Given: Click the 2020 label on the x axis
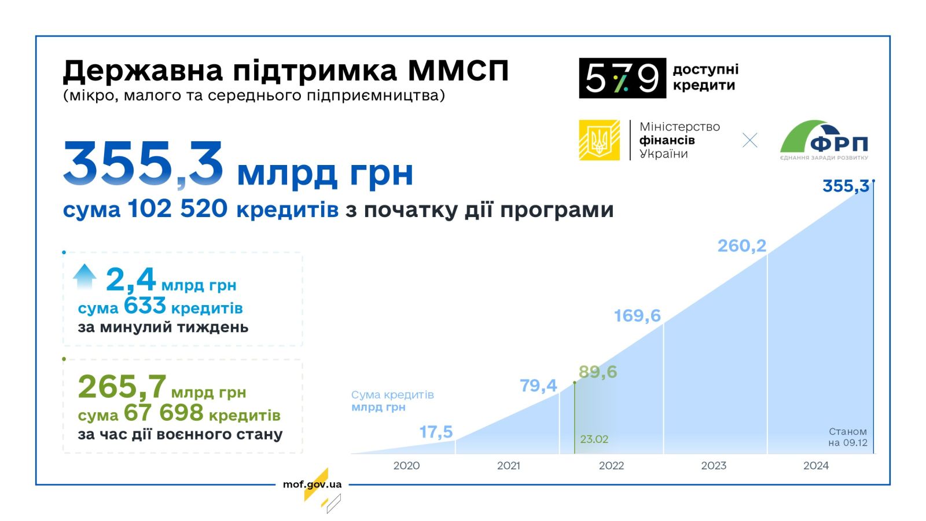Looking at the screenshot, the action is click(406, 465).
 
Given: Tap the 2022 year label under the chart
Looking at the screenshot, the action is click(611, 465).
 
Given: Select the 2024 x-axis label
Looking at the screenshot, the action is click(815, 465).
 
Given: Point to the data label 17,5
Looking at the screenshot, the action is click(436, 432).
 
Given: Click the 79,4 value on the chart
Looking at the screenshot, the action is click(538, 386).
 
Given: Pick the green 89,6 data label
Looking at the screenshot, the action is click(598, 372).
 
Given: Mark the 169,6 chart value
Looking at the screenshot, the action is click(637, 316).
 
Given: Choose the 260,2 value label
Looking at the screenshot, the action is click(741, 246).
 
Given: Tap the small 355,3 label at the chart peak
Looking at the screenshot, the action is click(846, 186).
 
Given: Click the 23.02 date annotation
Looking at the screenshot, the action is click(594, 439).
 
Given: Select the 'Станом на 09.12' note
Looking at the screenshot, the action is click(847, 437).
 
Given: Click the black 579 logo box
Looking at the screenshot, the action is click(622, 78).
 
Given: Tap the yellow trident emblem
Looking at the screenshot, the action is click(599, 140).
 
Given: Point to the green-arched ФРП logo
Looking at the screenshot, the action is click(824, 140).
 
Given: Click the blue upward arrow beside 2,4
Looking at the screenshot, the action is click(84, 276).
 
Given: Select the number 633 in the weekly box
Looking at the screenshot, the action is click(145, 306).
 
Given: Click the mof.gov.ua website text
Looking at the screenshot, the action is click(312, 485).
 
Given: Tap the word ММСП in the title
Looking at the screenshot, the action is click(458, 71).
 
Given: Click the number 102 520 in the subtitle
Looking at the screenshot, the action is click(177, 208).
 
